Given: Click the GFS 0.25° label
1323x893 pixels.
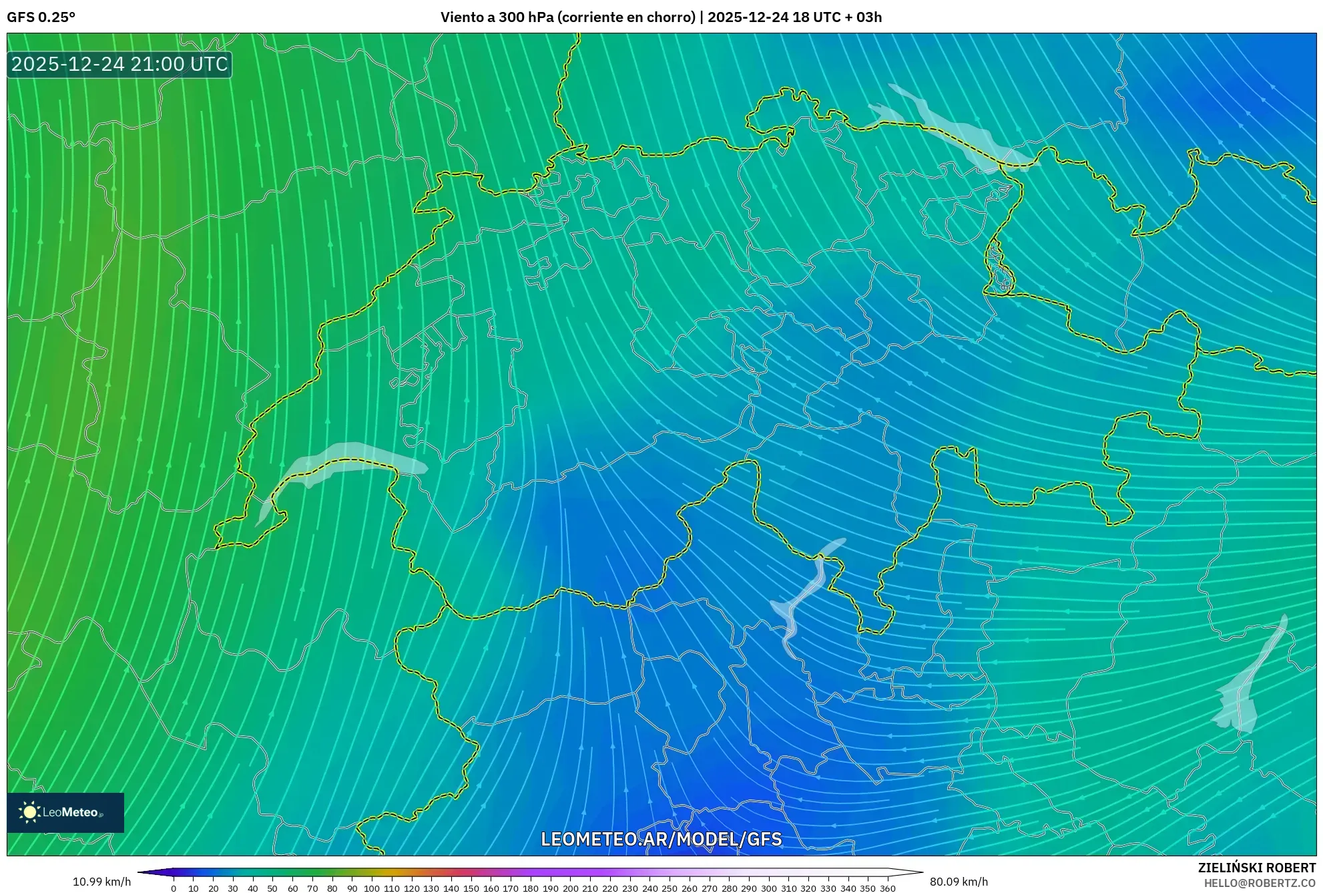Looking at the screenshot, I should (x=41, y=17).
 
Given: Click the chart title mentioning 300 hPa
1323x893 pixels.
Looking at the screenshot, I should (x=661, y=17).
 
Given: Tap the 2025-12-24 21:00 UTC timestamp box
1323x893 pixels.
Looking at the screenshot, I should (x=119, y=65).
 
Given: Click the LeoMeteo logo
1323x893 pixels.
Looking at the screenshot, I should (x=65, y=812).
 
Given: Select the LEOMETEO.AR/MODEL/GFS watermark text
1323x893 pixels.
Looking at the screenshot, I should (x=661, y=839).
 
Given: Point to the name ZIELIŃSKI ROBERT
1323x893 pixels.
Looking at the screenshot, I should (x=1256, y=868).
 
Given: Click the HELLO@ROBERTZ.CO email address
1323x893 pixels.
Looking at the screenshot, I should (x=1260, y=883).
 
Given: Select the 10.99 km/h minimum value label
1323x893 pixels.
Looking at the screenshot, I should (x=101, y=882).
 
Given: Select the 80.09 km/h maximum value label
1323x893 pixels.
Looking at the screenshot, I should (x=959, y=882).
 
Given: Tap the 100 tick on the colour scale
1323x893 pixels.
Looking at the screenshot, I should (x=372, y=888).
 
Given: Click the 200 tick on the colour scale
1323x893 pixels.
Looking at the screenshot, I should (x=570, y=888).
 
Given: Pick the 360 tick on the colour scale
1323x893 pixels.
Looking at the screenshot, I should (x=887, y=888).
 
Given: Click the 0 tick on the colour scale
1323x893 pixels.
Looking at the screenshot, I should (x=174, y=888).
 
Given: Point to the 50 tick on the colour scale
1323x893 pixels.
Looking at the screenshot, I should (x=272, y=888).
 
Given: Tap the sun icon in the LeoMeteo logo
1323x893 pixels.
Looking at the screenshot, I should (x=29, y=812).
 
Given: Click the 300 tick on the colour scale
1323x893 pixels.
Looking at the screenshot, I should (x=768, y=888).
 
